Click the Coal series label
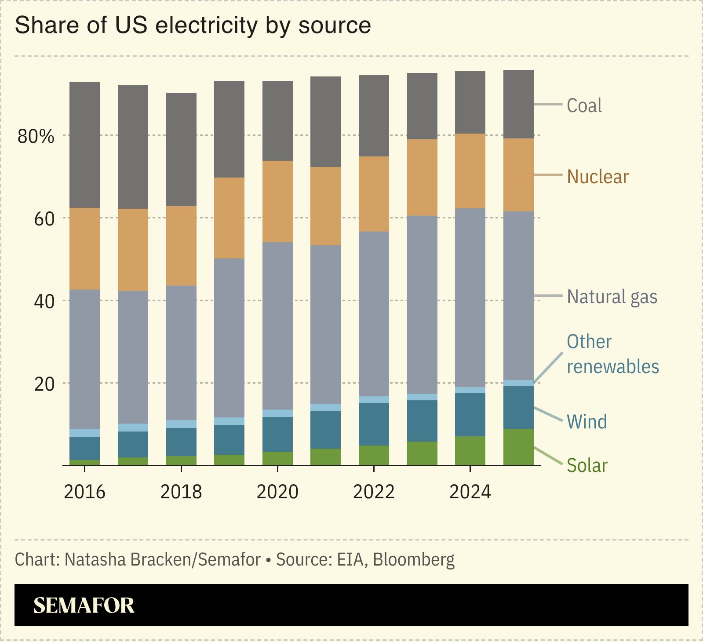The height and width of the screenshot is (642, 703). [x=584, y=105]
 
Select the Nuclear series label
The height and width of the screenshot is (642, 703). [x=597, y=177]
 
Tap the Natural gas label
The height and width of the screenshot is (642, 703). [x=612, y=297]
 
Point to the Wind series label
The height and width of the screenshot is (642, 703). [x=586, y=422]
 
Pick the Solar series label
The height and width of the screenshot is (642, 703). [x=587, y=465]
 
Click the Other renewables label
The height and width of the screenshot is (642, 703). [x=612, y=354]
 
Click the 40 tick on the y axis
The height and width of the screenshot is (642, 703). [x=44, y=301]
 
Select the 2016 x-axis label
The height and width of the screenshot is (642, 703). [x=84, y=492]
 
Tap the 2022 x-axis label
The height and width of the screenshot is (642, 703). [x=374, y=492]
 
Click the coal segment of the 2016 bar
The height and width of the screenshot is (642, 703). [x=84, y=145]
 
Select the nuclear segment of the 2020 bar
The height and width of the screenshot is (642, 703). [x=277, y=201]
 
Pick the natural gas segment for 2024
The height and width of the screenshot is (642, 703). [x=470, y=297]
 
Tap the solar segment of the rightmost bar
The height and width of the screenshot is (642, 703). [x=518, y=447]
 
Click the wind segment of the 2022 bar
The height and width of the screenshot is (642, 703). [x=374, y=424]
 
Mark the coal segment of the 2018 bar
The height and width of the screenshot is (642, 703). [x=181, y=149]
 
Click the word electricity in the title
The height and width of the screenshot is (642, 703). [x=206, y=25]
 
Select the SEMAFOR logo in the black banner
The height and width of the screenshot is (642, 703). [x=84, y=605]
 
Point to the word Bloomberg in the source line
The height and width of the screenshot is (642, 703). [x=414, y=560]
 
